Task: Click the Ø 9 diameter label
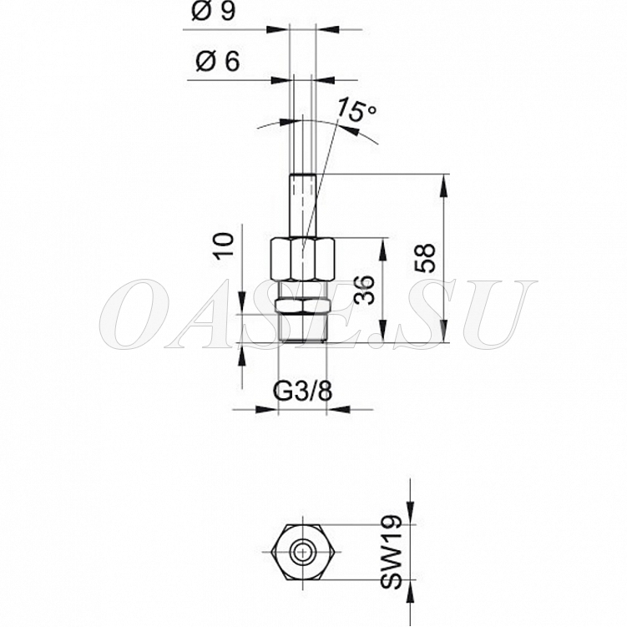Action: pos(213,11)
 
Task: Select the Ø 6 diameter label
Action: pos(218,62)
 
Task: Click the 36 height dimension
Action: pos(365,290)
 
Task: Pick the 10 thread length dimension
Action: pos(224,246)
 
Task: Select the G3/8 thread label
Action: pos(302,392)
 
